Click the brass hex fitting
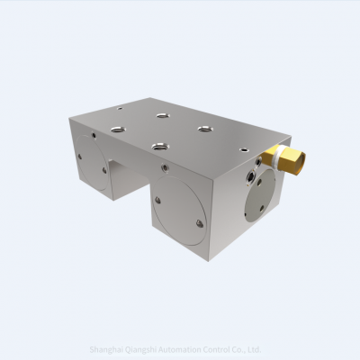point(292,161)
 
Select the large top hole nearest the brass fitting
point(204,128)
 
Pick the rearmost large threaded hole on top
point(161,115)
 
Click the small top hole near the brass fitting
point(244,148)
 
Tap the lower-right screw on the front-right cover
point(198,224)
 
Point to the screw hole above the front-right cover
point(164,166)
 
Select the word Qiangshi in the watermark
point(148,350)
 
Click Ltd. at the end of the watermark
point(255,350)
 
